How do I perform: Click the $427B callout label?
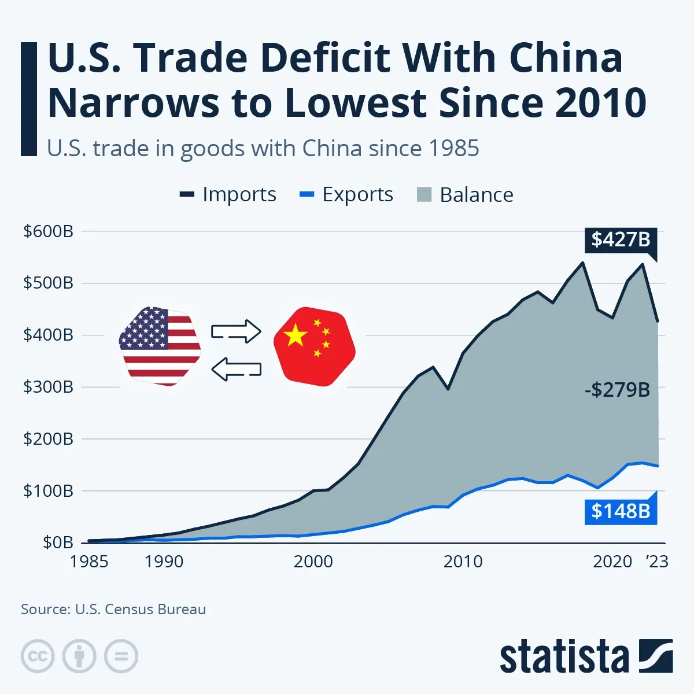621,239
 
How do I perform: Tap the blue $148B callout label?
621,511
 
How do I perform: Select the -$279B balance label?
617,390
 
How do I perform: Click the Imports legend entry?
228,195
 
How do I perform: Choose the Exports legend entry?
346,195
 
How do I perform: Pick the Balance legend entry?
465,195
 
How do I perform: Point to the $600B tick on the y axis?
48,231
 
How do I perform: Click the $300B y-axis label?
48,387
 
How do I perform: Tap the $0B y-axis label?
58,542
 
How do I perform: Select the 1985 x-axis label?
89,562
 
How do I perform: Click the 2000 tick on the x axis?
313,562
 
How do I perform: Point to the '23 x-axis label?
657,562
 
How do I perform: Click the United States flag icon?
160,346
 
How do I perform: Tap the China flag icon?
314,346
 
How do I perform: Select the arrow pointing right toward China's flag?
236,331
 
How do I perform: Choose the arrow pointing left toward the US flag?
236,369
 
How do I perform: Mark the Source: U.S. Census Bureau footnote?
113,609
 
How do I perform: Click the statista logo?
586,657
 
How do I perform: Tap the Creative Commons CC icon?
38,656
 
